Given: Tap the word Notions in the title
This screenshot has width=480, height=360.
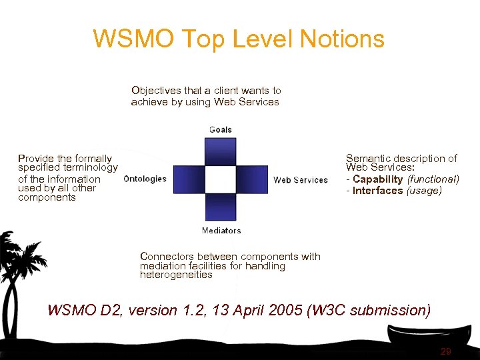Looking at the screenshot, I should (x=342, y=39).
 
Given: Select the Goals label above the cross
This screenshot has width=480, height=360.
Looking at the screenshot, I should (x=221, y=129).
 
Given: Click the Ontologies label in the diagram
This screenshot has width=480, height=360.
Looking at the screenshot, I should (x=145, y=179).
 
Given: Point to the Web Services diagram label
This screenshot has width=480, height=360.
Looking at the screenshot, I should (x=301, y=180).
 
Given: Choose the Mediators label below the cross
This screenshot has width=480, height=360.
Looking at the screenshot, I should (x=221, y=231).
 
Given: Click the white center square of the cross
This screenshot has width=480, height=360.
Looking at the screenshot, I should (x=221, y=179).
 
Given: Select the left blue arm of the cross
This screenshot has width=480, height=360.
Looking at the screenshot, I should (x=189, y=179).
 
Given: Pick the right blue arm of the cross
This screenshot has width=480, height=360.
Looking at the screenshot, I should (x=253, y=179).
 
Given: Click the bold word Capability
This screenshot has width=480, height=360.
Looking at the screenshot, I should (x=378, y=179).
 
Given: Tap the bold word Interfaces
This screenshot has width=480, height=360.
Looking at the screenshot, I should (x=378, y=191).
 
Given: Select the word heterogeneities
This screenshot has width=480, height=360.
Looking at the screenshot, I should (x=176, y=275).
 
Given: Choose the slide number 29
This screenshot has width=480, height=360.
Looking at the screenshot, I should (x=446, y=351).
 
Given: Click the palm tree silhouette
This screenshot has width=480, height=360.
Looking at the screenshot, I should (x=20, y=267).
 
